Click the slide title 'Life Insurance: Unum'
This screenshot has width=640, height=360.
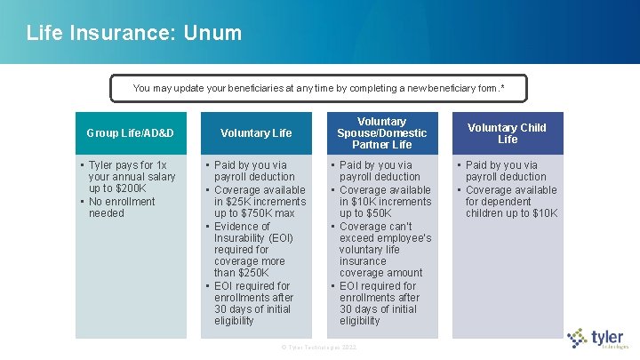[133, 33]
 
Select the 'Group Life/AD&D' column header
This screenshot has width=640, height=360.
[131, 133]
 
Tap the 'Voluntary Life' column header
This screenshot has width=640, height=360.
[256, 133]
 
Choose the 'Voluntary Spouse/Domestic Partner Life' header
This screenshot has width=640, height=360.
[381, 132]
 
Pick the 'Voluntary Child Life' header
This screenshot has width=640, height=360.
[508, 133]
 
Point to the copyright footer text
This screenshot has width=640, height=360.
[318, 347]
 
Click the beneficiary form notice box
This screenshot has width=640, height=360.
[318, 88]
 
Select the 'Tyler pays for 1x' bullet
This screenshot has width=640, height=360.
[127, 164]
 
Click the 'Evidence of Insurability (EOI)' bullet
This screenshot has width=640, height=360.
[253, 232]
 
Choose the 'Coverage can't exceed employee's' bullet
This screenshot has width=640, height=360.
[385, 232]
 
